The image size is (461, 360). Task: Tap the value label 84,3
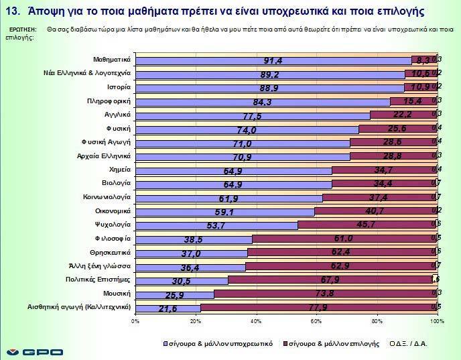(x=262, y=102)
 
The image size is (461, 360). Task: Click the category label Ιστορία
(x=118, y=88)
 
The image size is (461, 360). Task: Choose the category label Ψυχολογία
(x=111, y=225)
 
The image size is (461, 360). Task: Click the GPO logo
(x=34, y=351)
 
